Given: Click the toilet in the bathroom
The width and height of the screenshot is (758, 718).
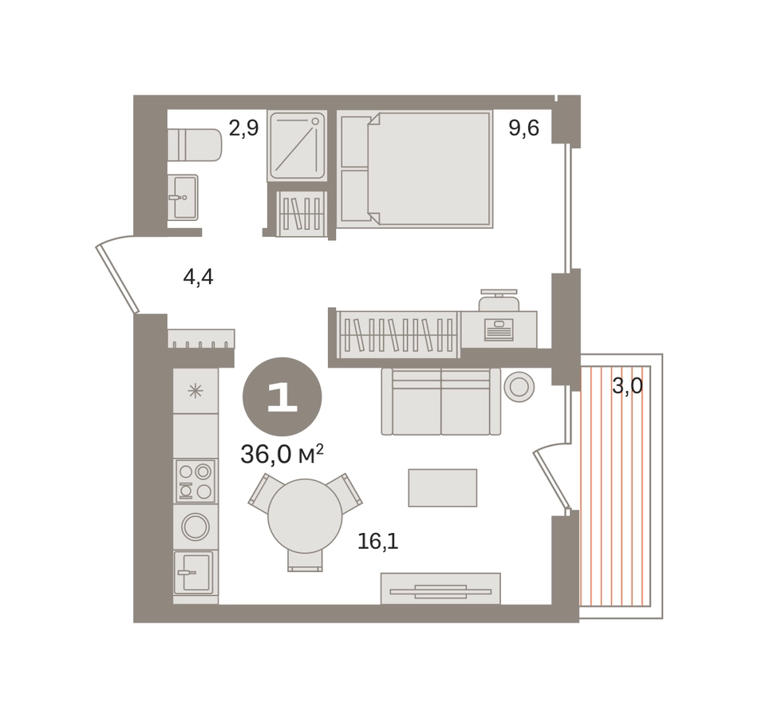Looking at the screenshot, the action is [195, 144].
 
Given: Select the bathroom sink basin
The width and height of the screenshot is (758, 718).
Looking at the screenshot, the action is [184, 197].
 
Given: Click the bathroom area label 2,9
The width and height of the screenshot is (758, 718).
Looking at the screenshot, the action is [243, 128].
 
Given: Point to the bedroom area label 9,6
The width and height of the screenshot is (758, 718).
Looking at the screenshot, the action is [523, 128].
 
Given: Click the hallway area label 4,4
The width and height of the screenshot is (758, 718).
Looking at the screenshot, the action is [198, 278].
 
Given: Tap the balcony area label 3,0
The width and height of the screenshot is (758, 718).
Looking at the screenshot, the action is [627, 386].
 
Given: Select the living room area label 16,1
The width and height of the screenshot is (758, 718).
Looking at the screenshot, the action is [378, 542].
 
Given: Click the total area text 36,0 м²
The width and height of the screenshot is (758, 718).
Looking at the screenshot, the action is [282, 455].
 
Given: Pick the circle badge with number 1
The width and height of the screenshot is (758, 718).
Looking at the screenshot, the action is [282, 397].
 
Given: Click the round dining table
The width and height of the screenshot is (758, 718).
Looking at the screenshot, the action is [305, 516].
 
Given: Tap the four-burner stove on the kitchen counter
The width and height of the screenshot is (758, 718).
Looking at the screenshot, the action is [195, 481].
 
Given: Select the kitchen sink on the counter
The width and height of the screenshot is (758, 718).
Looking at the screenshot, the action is [193, 572].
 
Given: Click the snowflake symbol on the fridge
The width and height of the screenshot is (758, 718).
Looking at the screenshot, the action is [195, 391].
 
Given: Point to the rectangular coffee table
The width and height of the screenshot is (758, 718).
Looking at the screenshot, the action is [443, 488].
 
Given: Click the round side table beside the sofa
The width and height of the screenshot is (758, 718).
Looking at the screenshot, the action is [519, 387].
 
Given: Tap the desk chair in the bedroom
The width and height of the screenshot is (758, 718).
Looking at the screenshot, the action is [499, 300].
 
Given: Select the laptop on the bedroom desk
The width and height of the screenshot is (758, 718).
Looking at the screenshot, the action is [499, 329].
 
